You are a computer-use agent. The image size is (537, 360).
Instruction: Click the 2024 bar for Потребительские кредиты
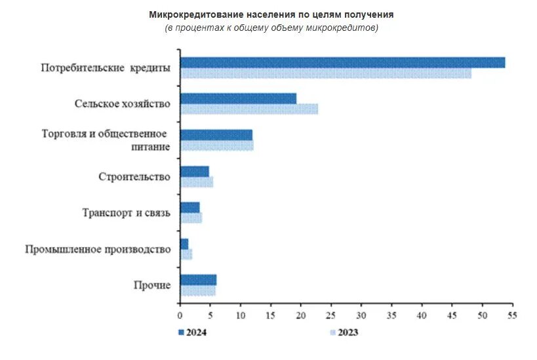pos(342,62)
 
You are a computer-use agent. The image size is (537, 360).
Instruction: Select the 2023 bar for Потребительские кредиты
pos(326,73)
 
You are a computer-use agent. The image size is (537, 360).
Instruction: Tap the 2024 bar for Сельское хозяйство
pos(238,98)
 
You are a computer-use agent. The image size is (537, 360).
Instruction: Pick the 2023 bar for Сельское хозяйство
pos(249,110)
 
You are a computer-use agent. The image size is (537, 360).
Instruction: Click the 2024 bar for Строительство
pos(195,171)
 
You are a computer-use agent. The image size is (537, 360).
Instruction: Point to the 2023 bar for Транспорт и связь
pos(191,218)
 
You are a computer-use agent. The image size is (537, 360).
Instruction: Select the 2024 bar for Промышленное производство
pos(184,244)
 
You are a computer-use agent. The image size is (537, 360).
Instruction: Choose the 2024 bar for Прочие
pos(198,280)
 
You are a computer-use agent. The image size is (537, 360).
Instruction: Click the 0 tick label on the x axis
pos(180,315)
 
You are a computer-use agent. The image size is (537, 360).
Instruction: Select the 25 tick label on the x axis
pos(331,315)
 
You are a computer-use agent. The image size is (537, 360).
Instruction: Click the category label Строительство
pos(134,177)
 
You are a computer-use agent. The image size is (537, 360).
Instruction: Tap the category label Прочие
pos(152,285)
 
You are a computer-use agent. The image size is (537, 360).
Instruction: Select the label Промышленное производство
pos(98,249)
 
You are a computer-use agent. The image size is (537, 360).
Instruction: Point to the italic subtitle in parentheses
pos(271,28)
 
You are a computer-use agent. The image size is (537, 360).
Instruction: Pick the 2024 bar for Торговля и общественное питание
pos(216,135)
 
